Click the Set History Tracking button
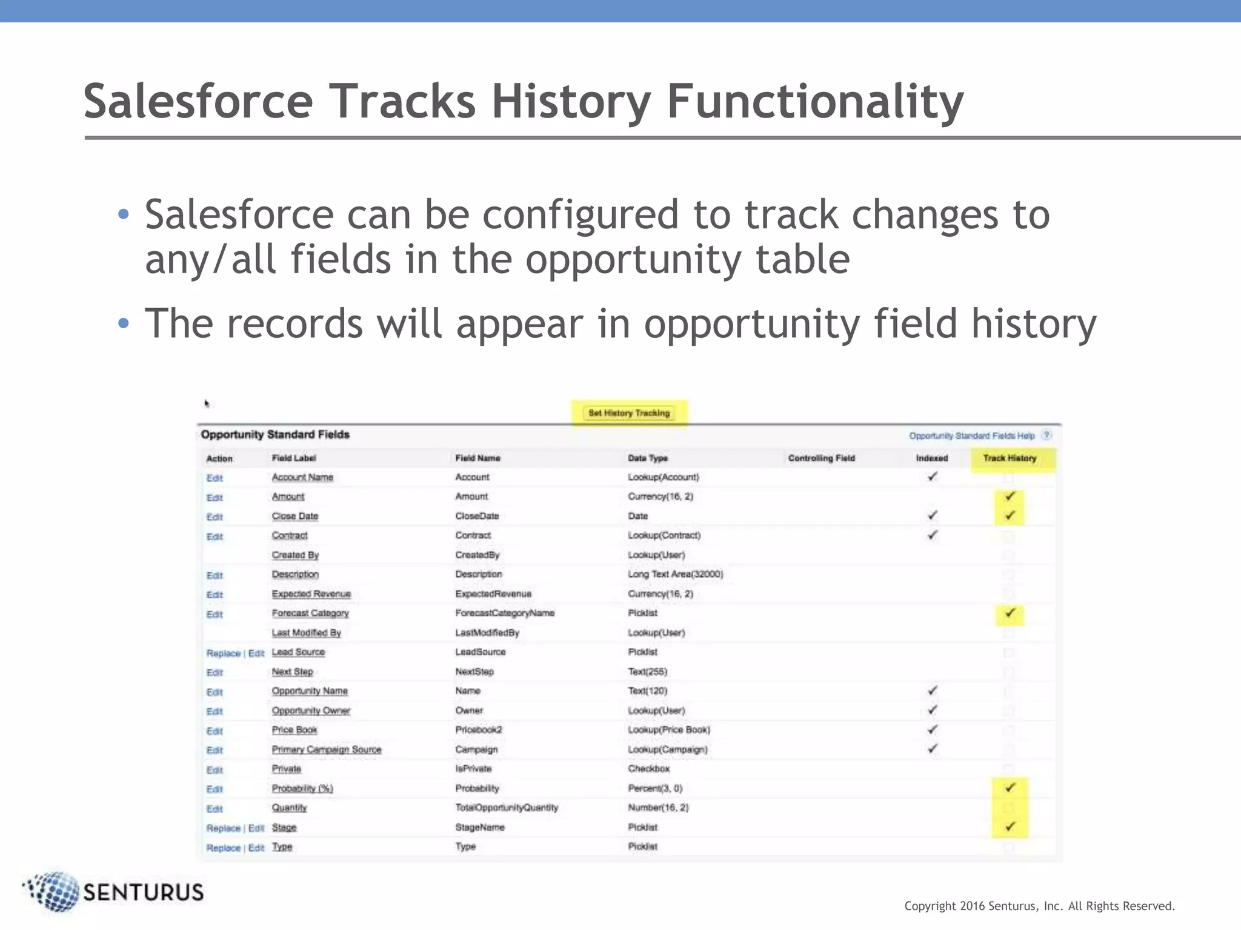(x=629, y=413)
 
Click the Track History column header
(x=1010, y=458)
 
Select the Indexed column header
(x=931, y=458)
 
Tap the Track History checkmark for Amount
(x=1010, y=496)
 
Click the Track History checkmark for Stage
(x=1010, y=826)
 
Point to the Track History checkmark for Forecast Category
(x=1010, y=613)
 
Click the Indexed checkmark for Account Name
(x=933, y=477)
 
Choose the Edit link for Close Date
(x=215, y=517)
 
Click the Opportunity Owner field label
(x=311, y=710)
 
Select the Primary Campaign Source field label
(x=326, y=750)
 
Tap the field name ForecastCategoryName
(x=505, y=613)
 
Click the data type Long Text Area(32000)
(x=675, y=574)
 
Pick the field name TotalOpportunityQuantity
(x=507, y=808)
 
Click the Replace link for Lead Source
(x=223, y=653)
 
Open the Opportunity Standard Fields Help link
(x=971, y=436)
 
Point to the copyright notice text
(x=1039, y=906)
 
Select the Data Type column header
(x=647, y=458)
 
